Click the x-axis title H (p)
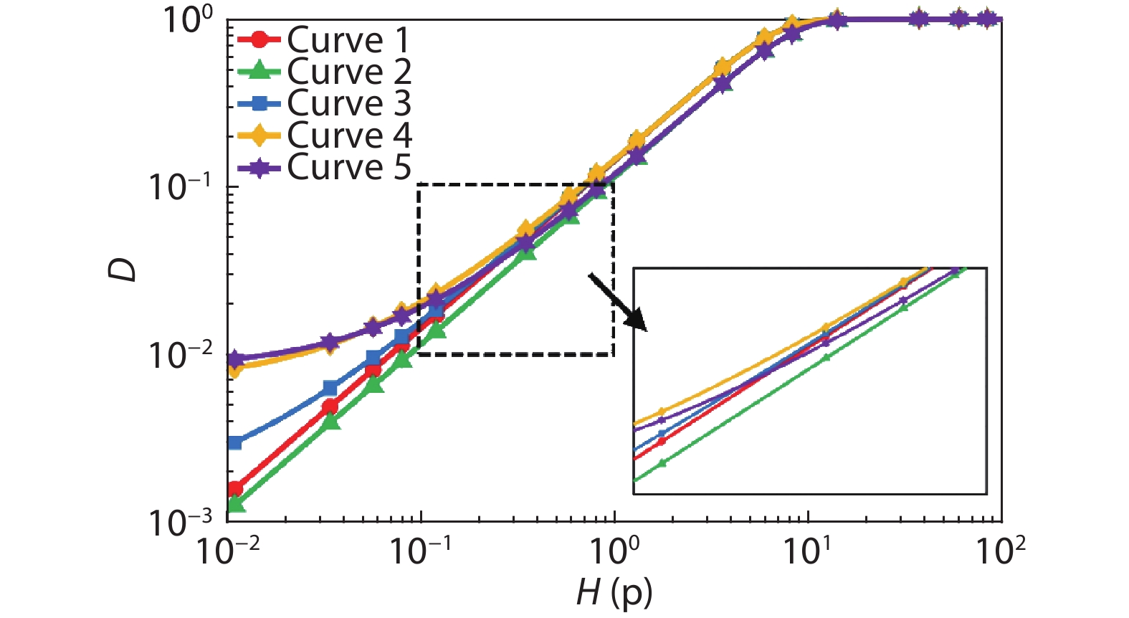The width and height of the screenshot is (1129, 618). (614, 593)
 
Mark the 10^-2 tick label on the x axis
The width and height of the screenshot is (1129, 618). (228, 552)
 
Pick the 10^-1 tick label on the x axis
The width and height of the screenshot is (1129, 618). (421, 552)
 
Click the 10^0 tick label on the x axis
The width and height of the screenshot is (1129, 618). (615, 552)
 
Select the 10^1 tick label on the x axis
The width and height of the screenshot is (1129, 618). (809, 552)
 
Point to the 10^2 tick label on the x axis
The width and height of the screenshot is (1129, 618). (1001, 552)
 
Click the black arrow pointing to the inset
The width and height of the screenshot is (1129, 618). (617, 302)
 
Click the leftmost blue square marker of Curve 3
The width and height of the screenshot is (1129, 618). (234, 442)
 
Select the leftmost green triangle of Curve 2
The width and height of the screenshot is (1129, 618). (236, 505)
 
